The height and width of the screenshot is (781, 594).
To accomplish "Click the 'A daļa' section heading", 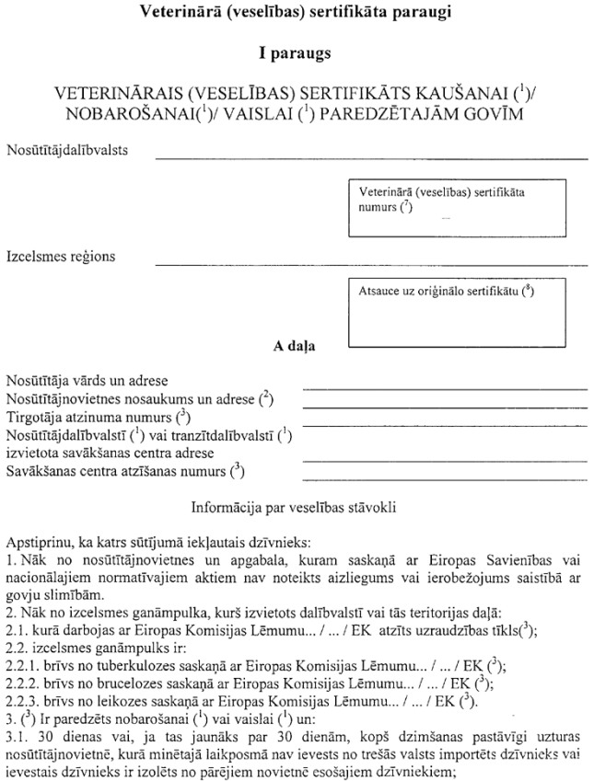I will pyautogui.click(x=296, y=347).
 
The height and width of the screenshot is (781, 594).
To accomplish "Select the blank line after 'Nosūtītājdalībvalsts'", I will pyautogui.click(x=371, y=158).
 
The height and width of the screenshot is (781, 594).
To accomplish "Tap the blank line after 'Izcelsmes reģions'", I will pyautogui.click(x=371, y=264).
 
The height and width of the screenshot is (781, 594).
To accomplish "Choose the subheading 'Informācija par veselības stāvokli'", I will pyautogui.click(x=296, y=506).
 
